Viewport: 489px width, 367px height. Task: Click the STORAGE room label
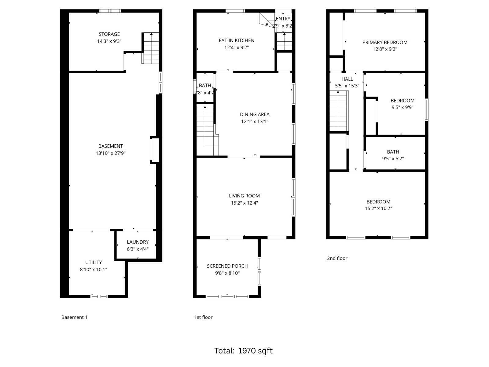(109, 34)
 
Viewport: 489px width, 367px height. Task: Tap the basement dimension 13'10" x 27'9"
(111, 153)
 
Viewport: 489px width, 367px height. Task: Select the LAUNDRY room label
(138, 242)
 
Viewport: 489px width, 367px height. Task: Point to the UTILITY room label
(94, 262)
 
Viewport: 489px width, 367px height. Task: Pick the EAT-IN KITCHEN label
(236, 40)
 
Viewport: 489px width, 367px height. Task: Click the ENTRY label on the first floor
(283, 19)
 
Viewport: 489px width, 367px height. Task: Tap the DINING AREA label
(255, 114)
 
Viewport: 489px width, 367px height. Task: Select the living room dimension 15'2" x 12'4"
(244, 203)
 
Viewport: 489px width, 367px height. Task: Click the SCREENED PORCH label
(227, 266)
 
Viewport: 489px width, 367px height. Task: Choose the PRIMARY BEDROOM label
(385, 43)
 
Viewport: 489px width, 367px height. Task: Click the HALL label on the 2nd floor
(347, 79)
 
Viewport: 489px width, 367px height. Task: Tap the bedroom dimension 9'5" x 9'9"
(403, 107)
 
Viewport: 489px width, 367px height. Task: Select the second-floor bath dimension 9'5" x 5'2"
(393, 159)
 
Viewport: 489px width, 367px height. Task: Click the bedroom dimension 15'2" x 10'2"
(378, 209)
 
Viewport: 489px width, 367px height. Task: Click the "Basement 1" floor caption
(74, 317)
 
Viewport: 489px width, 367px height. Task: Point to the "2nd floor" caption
(337, 258)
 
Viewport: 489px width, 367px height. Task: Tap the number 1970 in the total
(247, 351)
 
